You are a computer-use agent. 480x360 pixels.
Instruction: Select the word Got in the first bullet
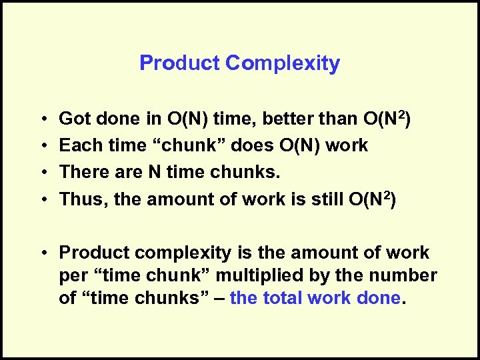pos(75,119)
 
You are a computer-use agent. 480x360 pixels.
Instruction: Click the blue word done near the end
pos(379,298)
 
